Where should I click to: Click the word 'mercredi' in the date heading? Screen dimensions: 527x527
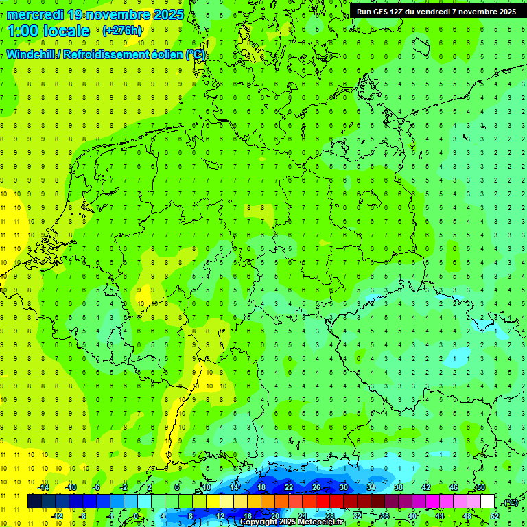[35, 14]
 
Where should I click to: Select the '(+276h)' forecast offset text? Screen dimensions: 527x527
[122, 31]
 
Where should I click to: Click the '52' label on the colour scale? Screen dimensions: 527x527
[495, 515]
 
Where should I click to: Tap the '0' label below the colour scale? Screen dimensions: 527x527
[135, 515]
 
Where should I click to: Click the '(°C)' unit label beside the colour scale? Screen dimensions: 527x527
[510, 502]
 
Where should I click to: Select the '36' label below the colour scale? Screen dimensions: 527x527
[384, 515]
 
